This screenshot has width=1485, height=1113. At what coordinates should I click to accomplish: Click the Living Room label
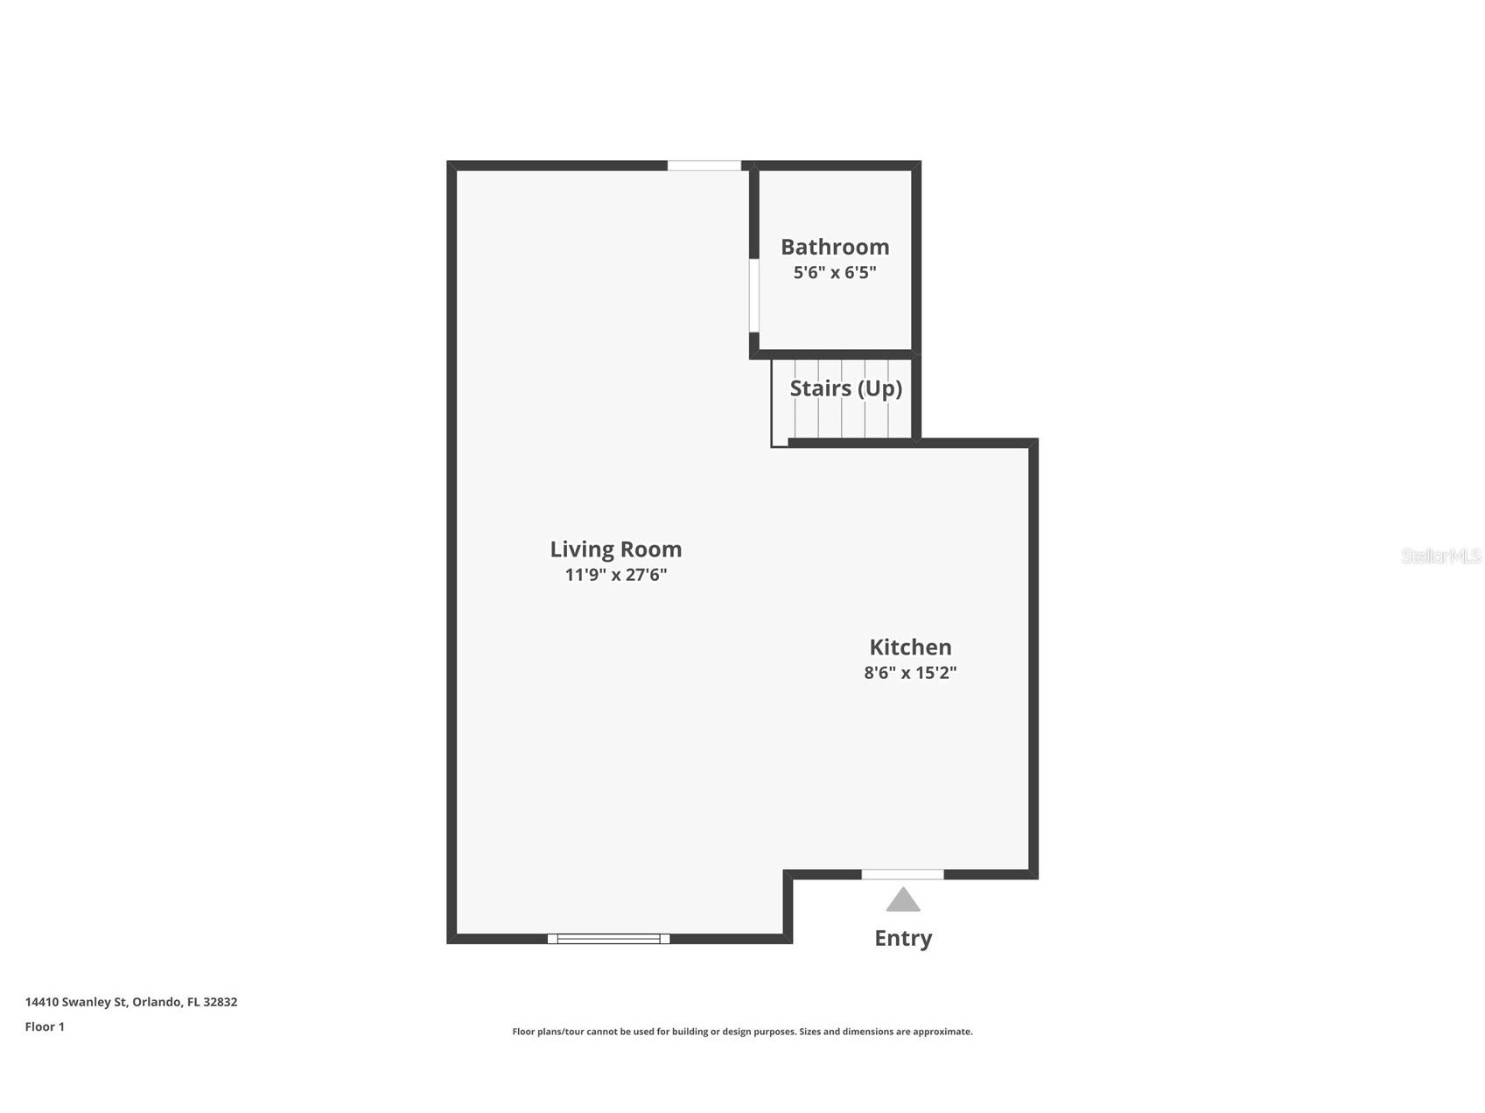(615, 549)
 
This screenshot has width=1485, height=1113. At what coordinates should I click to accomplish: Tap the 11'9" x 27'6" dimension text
(615, 575)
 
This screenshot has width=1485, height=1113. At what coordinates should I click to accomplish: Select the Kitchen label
(910, 647)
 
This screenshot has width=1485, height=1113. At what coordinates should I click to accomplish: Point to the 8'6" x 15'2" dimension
(910, 673)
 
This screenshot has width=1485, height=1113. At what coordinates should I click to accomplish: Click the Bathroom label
(835, 247)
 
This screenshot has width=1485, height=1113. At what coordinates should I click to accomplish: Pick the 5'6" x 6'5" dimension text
(835, 272)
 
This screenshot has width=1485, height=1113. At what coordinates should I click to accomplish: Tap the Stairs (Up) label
(845, 388)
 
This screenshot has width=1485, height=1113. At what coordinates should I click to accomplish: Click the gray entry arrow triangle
(903, 900)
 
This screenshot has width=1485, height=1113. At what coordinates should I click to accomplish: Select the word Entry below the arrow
(903, 938)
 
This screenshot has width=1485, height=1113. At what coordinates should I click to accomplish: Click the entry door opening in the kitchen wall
(902, 874)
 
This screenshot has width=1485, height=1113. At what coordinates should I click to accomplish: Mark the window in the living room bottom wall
(608, 939)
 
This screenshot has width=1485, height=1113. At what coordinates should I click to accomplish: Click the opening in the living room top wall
(704, 165)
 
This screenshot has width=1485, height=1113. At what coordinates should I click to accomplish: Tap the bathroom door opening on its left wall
(753, 295)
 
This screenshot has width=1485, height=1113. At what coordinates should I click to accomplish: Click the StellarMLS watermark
(1440, 556)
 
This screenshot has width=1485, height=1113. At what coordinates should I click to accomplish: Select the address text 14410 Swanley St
(76, 1002)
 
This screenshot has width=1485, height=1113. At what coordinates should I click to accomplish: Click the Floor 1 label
(45, 1026)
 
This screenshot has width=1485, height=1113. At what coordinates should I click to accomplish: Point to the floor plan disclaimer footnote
(742, 1032)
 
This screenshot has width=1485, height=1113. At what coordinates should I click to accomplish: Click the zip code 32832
(220, 1002)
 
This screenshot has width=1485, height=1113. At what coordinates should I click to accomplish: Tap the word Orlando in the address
(157, 1002)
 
